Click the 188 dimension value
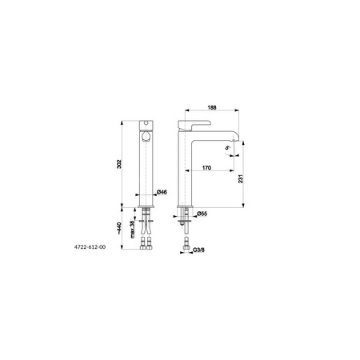[212, 107]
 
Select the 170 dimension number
[206, 168]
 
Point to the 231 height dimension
[241, 178]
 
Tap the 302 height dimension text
[119, 164]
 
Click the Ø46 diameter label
[162, 192]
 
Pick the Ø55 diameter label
[202, 214]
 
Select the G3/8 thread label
[199, 250]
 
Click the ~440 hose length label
[119, 229]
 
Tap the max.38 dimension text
[132, 230]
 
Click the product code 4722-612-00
[90, 247]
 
